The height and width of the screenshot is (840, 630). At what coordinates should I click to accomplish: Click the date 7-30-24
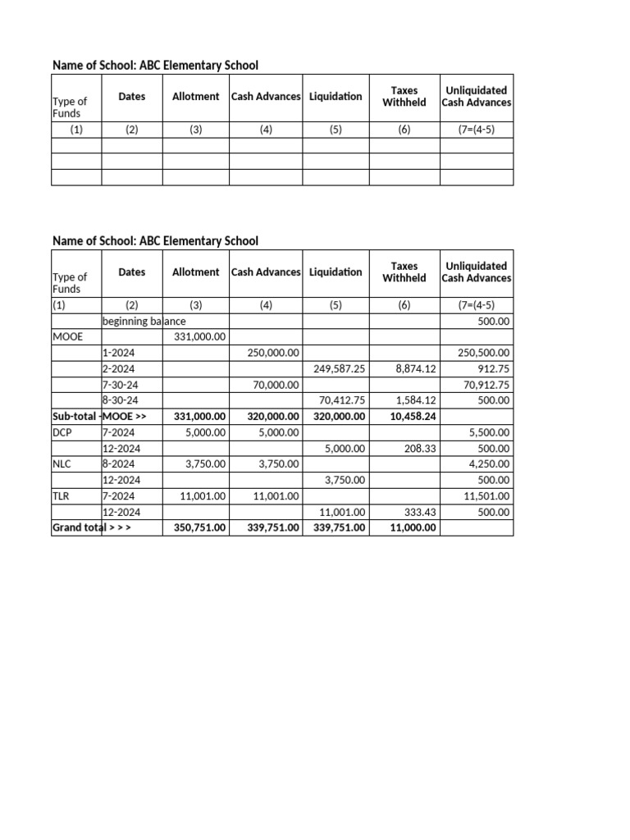(120, 385)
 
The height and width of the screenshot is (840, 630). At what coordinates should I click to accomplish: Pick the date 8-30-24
(120, 400)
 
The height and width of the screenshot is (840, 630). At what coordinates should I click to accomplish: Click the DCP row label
(62, 432)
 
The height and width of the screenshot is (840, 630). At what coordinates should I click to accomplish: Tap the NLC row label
(62, 464)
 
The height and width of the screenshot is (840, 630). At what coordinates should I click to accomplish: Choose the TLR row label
(62, 496)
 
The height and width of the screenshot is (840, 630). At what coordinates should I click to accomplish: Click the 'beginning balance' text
(144, 322)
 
